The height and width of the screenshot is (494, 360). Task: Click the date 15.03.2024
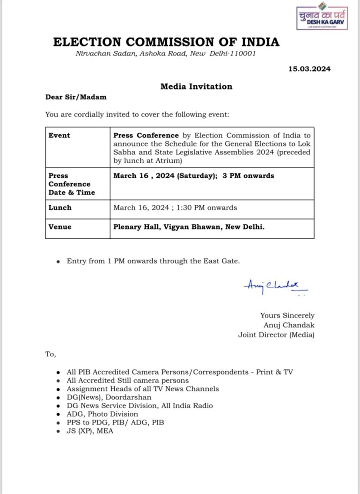(x=309, y=69)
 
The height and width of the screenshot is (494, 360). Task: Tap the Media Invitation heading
(x=196, y=86)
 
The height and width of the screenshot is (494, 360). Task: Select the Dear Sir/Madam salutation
(x=76, y=97)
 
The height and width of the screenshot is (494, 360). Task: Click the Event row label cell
(x=60, y=135)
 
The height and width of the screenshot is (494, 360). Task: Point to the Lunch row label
(x=60, y=207)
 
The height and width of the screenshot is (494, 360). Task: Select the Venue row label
(x=60, y=227)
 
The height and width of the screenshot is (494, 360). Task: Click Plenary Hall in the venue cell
(x=136, y=227)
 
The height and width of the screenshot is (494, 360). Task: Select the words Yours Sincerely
(x=287, y=315)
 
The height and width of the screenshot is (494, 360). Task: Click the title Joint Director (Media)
(x=276, y=334)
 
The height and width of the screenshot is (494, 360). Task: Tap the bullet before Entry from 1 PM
(x=58, y=262)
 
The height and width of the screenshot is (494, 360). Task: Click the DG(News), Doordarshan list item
(x=109, y=397)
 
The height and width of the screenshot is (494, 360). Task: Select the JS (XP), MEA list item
(x=90, y=431)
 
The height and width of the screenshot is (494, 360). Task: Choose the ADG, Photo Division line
(x=102, y=414)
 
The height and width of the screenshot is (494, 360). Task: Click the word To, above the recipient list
(x=50, y=354)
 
